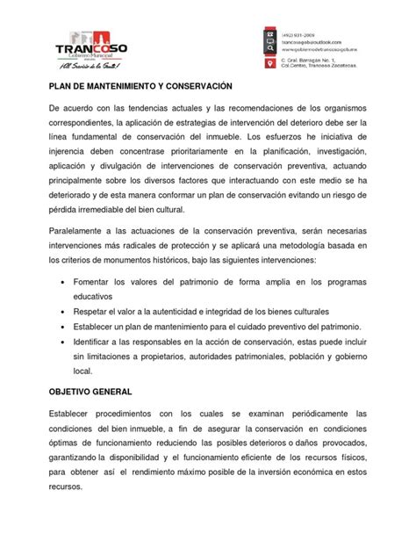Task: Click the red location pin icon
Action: click(x=269, y=64)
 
